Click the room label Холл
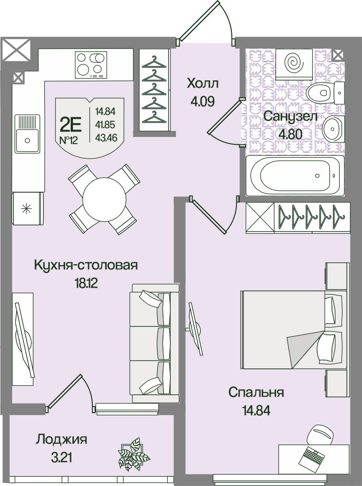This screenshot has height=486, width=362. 203,83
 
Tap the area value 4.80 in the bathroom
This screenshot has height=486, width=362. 290,135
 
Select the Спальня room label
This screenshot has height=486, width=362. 256,392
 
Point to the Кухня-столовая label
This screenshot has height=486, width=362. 86,266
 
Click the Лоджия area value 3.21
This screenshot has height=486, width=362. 61,457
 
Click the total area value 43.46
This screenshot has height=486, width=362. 106,137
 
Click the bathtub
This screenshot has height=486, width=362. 295,176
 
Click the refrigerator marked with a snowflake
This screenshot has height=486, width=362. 27,208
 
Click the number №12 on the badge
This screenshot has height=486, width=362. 68,141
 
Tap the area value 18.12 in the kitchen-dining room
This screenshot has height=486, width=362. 86,283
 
